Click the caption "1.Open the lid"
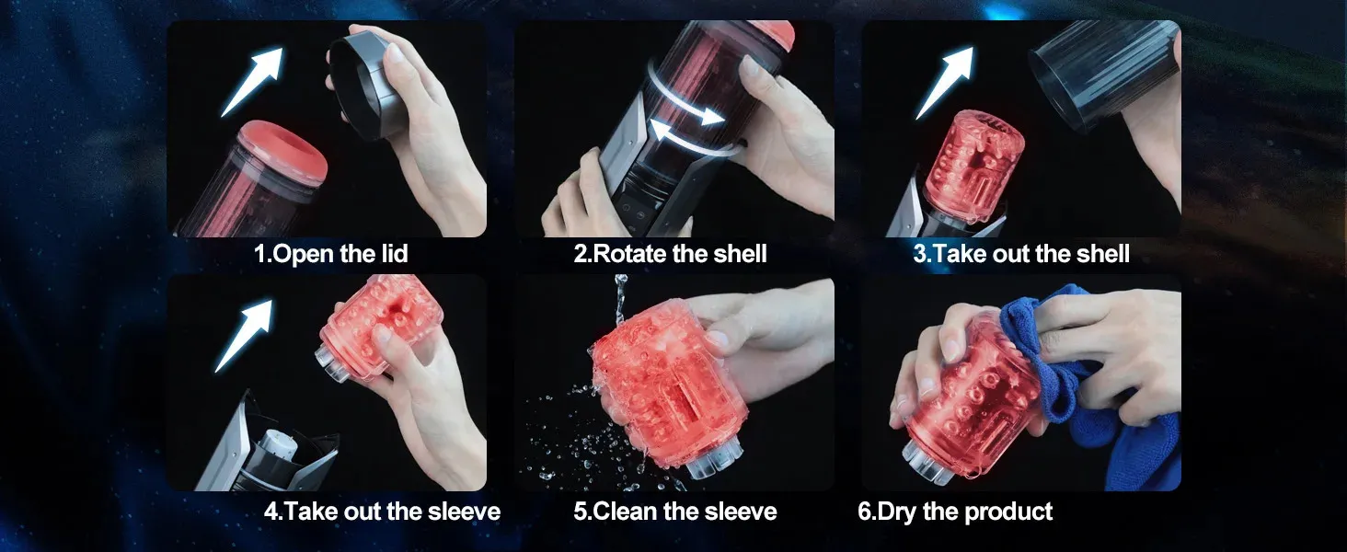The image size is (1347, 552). coord(330,254)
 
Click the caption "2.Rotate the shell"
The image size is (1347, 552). coord(670,254)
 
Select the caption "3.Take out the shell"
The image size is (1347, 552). coord(1021,254)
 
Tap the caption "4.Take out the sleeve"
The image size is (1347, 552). coord(382,512)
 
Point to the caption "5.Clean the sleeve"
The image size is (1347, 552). coord(674,512)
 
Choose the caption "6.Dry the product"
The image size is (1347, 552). coord(955,512)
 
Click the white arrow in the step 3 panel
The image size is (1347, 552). coord(945,83)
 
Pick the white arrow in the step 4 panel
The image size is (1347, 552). coord(244,336)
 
